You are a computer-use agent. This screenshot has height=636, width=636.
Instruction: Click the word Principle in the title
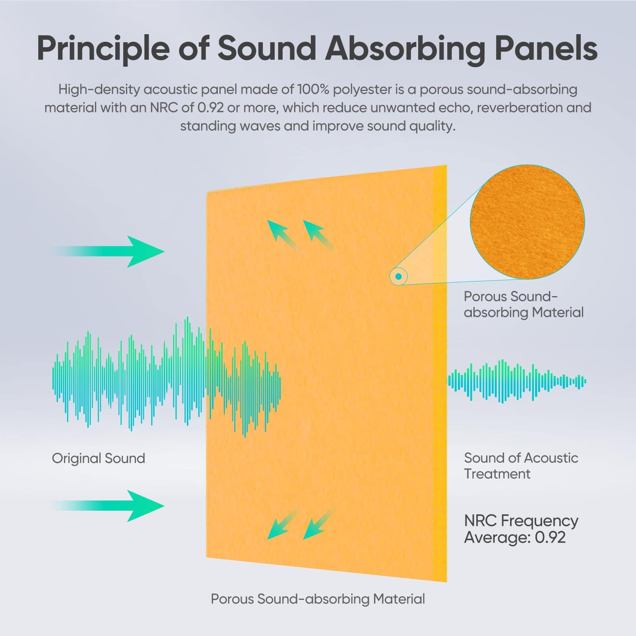(x=103, y=48)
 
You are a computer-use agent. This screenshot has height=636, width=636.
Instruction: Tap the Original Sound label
(x=99, y=458)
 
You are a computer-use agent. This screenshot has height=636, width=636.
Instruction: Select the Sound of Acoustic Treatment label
(x=521, y=466)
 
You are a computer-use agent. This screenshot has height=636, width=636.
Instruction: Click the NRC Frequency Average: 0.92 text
(x=521, y=529)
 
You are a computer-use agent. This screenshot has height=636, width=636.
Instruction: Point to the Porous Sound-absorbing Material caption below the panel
(x=318, y=599)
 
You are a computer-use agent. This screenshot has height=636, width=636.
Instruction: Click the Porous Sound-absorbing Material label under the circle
(x=524, y=304)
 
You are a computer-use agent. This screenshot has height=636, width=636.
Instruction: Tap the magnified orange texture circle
(x=527, y=222)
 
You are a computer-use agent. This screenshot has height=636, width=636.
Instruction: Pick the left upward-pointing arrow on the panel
(x=283, y=236)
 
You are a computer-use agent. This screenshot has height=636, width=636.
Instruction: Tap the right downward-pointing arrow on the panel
(x=319, y=524)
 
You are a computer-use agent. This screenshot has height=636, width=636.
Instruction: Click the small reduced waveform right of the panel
(x=517, y=381)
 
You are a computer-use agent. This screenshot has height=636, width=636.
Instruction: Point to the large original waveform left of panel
(x=167, y=377)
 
